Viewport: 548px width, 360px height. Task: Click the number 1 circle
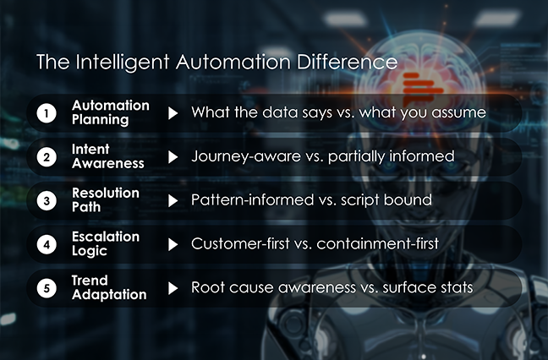[49, 113]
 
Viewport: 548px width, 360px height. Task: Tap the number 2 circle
[49, 157]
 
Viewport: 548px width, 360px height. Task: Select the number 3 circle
[49, 200]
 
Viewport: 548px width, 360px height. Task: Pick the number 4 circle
[49, 244]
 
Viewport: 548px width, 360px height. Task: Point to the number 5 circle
[49, 287]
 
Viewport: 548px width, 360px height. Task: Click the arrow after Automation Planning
[173, 113]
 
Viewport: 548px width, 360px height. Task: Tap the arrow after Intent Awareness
[173, 157]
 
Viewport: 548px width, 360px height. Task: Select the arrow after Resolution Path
[173, 200]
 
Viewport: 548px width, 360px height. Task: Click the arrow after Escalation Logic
[173, 244]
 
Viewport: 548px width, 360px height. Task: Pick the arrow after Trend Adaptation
[173, 287]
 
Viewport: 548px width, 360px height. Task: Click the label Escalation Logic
[105, 244]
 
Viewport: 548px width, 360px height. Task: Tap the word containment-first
[397, 244]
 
